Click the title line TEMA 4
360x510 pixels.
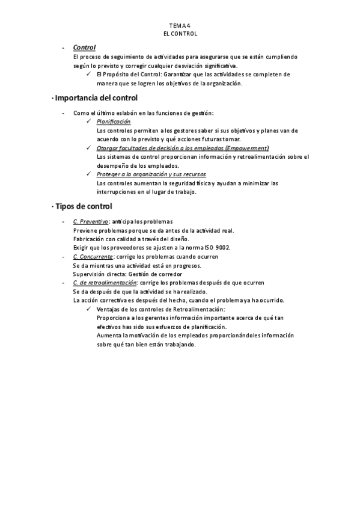pos(180,26)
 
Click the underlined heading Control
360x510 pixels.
pos(84,47)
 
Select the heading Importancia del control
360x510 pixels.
pos(96,97)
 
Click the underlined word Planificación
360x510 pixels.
pos(114,121)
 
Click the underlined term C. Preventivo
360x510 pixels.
pos(90,221)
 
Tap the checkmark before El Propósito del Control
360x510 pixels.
pos(88,75)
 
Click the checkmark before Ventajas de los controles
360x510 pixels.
pos(88,309)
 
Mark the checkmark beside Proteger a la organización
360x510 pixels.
pos(88,174)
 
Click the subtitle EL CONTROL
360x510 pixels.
pos(180,34)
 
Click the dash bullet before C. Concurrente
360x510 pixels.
pos(63,257)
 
